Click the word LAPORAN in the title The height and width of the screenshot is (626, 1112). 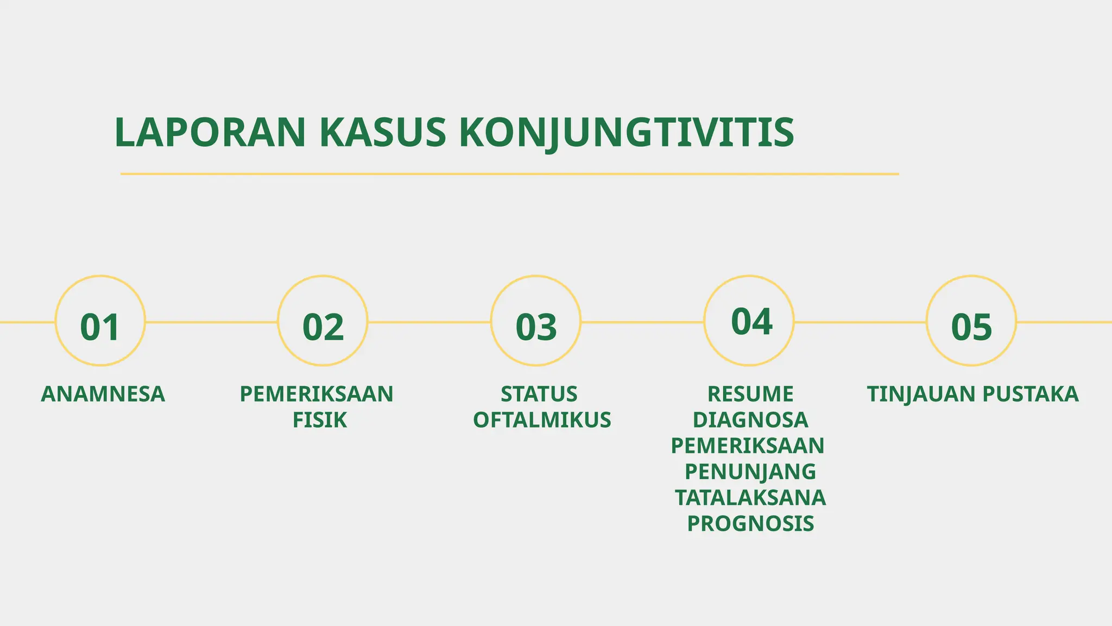point(210,133)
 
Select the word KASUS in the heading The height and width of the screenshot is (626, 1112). point(382,133)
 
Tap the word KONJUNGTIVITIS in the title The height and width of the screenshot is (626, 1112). point(627,133)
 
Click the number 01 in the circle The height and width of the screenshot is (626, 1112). point(100,327)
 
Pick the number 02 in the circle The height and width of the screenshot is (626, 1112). point(323,327)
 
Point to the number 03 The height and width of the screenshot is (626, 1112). point(536,327)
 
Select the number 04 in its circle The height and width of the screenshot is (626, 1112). point(751,322)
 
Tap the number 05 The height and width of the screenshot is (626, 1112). point(971,327)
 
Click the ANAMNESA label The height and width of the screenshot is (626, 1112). point(103,394)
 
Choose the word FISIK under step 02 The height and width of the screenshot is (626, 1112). point(319,420)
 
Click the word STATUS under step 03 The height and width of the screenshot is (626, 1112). point(539,394)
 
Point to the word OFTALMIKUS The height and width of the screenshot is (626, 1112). point(542,420)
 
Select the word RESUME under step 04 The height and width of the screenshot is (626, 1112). point(750,394)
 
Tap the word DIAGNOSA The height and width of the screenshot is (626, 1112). point(750,420)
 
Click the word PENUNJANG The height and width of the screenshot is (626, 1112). point(750,471)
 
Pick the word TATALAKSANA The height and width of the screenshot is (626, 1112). point(750,497)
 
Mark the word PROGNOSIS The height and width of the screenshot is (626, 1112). point(750,523)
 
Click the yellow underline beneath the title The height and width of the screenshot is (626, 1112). point(509,174)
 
